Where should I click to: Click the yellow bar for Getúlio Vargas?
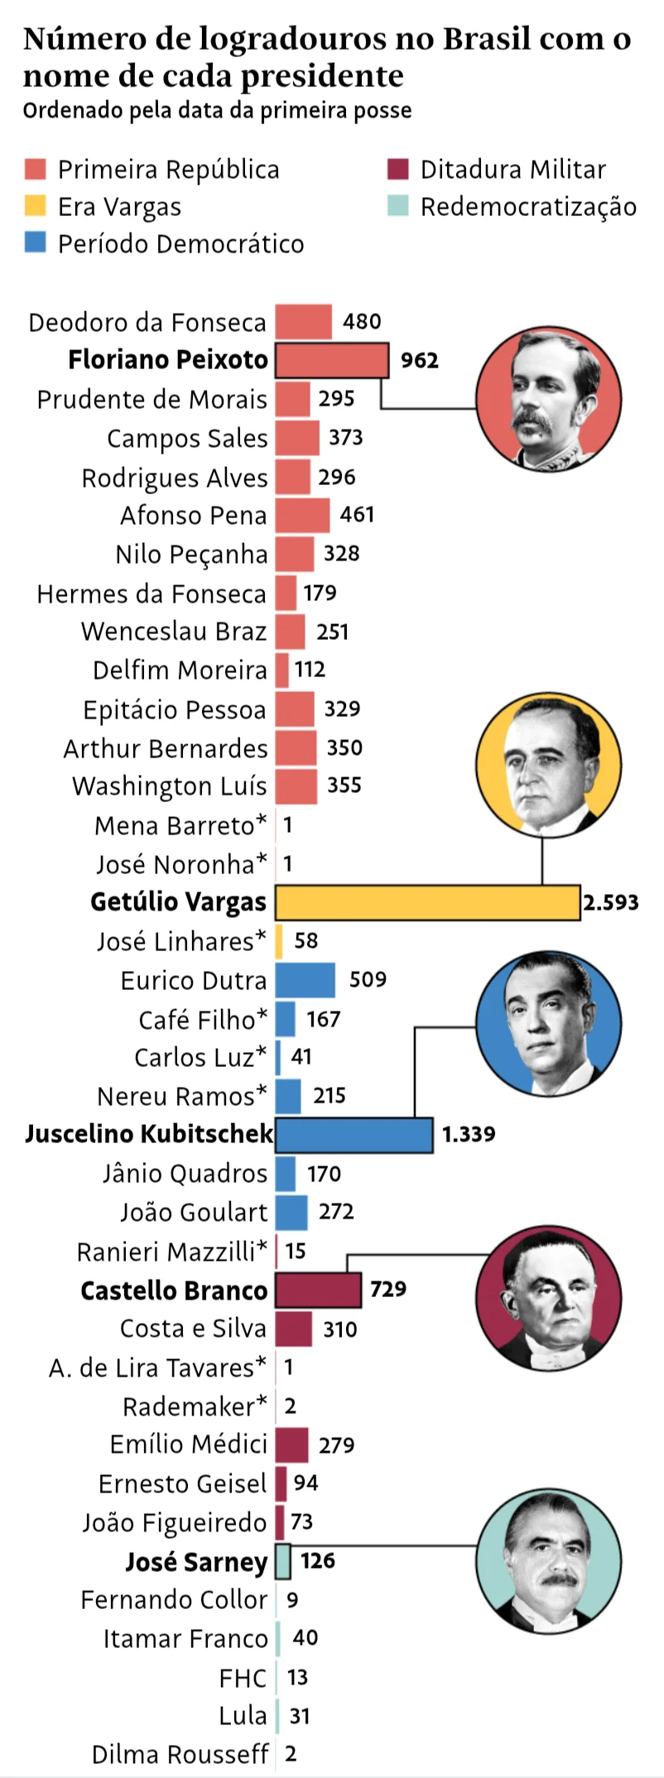tap(427, 902)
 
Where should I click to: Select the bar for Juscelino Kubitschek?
tap(354, 1134)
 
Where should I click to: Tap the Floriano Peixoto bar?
tap(331, 360)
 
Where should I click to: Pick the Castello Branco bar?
tap(318, 1290)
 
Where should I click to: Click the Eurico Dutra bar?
tap(305, 980)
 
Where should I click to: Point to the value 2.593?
tap(611, 902)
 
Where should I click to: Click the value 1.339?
tap(469, 1134)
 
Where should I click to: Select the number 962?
tap(420, 360)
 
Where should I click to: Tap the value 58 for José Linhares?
tap(306, 941)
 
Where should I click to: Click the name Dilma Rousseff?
tap(180, 1755)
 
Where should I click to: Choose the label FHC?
tap(243, 1678)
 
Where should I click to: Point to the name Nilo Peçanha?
tap(191, 555)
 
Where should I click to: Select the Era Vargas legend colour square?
tap(36, 206)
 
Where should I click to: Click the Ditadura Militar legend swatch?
tap(398, 169)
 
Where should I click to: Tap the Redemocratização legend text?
tap(528, 207)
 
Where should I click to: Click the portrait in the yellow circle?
tap(548, 764)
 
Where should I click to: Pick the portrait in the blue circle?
tap(548, 1024)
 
